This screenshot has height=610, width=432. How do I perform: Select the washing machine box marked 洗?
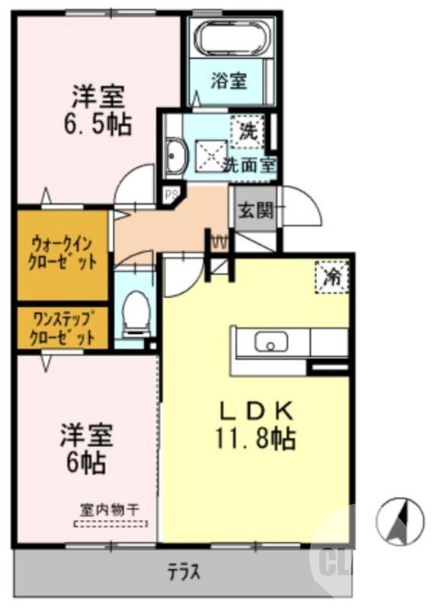tap(248, 130)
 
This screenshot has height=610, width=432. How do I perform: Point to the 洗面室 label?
tap(249, 164)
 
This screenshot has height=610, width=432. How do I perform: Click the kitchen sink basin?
tap(270, 342)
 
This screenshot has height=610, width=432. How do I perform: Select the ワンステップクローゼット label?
tap(63, 327)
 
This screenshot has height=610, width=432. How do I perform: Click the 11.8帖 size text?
tap(256, 439)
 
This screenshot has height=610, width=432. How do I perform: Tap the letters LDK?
tap(256, 412)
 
